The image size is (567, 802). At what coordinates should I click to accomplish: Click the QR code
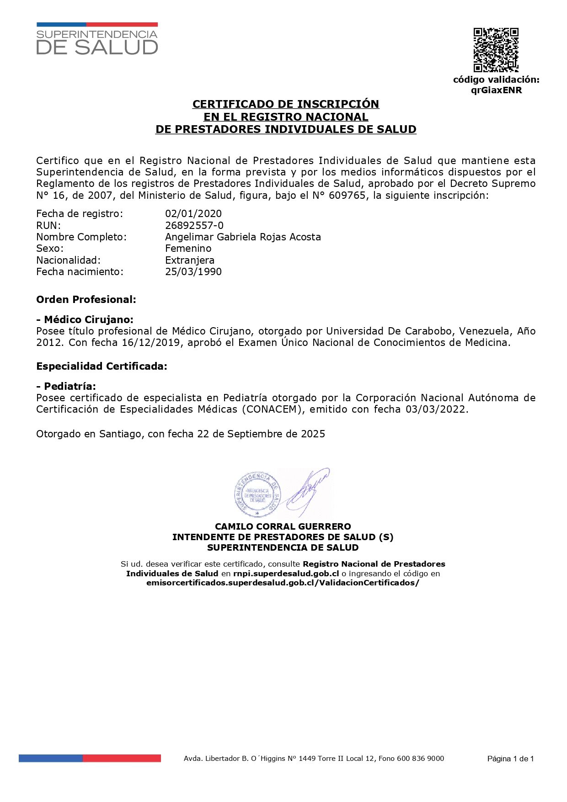point(496,50)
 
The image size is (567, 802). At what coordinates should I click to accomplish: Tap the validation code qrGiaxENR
point(496,90)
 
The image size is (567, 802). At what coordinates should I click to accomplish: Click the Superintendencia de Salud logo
point(97,39)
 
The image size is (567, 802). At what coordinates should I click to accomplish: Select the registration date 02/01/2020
point(193,213)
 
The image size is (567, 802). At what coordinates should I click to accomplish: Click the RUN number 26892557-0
point(194,225)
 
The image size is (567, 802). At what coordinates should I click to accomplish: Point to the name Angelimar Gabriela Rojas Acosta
point(243,237)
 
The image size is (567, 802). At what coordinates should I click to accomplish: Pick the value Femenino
point(188,248)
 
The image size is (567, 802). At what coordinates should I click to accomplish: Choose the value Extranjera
point(189,260)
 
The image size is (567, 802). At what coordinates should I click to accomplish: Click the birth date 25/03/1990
point(193,271)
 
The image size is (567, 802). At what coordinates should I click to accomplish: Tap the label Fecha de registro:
point(80,213)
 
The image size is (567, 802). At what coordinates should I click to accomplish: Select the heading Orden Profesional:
point(86,300)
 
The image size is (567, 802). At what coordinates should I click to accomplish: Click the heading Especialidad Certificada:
point(102,366)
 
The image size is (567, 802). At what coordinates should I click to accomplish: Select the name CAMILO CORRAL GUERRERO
point(283,526)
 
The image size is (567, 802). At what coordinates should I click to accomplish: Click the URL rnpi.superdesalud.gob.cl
point(286,574)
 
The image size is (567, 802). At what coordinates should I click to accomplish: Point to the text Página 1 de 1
point(510,759)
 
